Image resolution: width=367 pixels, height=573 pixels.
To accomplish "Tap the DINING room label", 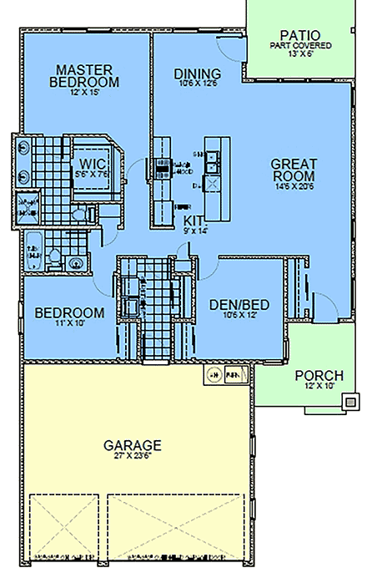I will [198, 74].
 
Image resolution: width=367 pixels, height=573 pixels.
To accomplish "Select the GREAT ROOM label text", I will [293, 170].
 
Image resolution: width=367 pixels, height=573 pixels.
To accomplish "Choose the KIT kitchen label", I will [193, 220].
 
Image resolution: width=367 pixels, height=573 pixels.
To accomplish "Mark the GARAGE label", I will [133, 444].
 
